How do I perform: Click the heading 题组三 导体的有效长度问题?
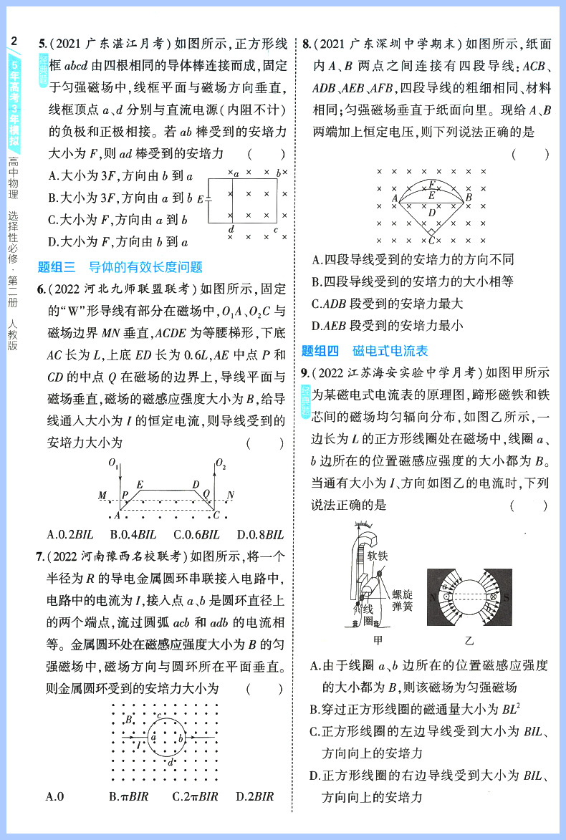(x=120, y=268)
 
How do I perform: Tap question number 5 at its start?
(x=42, y=44)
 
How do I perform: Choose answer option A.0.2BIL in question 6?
(x=72, y=534)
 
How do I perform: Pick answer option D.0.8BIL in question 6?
(x=260, y=534)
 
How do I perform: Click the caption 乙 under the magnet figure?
(x=469, y=640)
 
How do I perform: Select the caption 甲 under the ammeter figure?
(x=368, y=640)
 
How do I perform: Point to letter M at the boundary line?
(x=102, y=496)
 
